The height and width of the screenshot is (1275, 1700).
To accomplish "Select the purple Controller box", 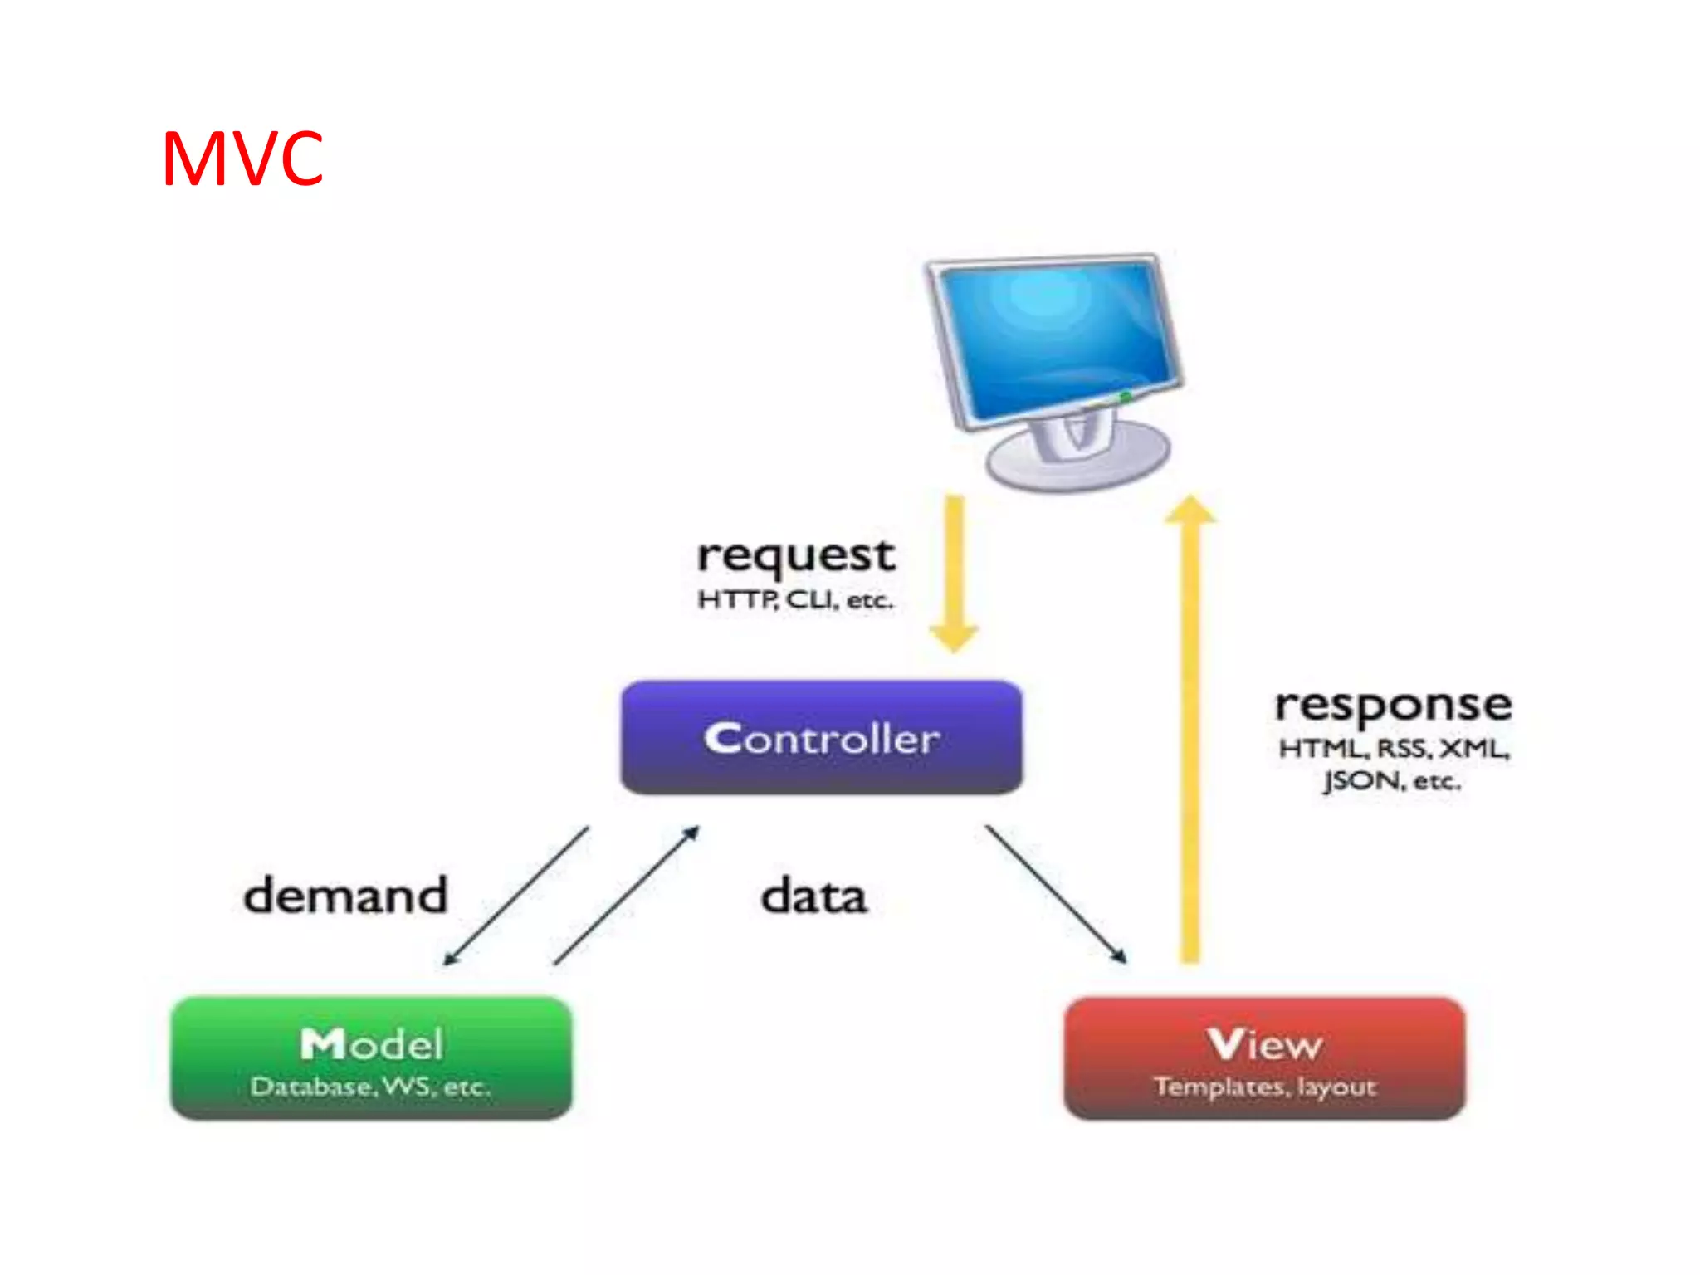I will click(x=821, y=737).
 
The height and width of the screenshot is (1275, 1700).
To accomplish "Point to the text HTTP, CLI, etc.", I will click(x=795, y=599).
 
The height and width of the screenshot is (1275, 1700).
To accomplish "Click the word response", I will click(x=1394, y=706).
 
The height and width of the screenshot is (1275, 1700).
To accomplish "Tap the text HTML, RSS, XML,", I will click(x=1394, y=749).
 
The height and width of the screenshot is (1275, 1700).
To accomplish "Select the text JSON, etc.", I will click(x=1392, y=780).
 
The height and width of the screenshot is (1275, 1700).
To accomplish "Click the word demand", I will click(x=345, y=895).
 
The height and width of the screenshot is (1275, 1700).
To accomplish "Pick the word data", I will click(x=813, y=896).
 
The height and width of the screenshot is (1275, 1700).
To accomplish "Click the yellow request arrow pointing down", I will click(x=955, y=573).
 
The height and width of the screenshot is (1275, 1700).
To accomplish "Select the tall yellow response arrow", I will click(x=1190, y=730).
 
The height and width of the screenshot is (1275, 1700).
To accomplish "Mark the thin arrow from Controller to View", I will click(x=1055, y=894).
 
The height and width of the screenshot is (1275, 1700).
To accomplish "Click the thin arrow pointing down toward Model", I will click(x=516, y=895).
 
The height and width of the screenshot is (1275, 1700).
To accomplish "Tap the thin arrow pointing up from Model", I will click(x=627, y=895).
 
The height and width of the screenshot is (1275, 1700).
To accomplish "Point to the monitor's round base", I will click(x=1079, y=462).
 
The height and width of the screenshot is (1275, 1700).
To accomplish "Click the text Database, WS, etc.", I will click(x=370, y=1087).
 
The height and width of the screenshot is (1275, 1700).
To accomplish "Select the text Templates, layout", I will click(x=1265, y=1087).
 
